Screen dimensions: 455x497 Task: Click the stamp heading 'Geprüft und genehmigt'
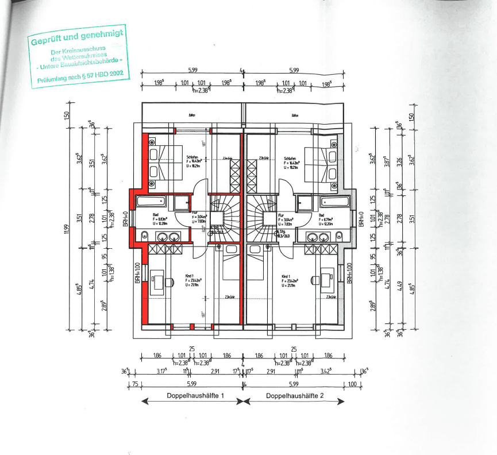click(78, 39)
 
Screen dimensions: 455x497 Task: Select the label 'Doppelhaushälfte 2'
click(294, 396)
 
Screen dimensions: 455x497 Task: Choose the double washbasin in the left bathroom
click(168, 236)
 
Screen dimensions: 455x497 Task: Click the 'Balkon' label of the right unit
click(295, 115)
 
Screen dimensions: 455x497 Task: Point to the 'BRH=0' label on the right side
click(361, 219)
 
